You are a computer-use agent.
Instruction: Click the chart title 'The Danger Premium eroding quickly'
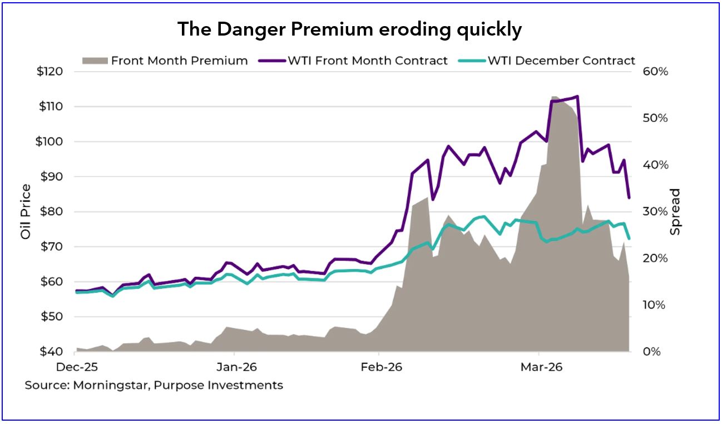tap(349, 29)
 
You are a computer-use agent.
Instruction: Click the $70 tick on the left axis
tap(51, 247)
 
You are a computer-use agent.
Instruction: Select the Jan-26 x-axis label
tap(236, 367)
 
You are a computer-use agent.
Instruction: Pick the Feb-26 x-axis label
tap(382, 367)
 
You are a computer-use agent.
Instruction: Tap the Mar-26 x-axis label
tap(541, 367)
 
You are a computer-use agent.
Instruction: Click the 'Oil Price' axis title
tap(26, 212)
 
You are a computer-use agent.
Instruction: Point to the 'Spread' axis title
tap(675, 212)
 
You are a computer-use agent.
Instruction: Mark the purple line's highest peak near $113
tap(577, 96)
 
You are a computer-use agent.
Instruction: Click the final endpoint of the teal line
tap(629, 238)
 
